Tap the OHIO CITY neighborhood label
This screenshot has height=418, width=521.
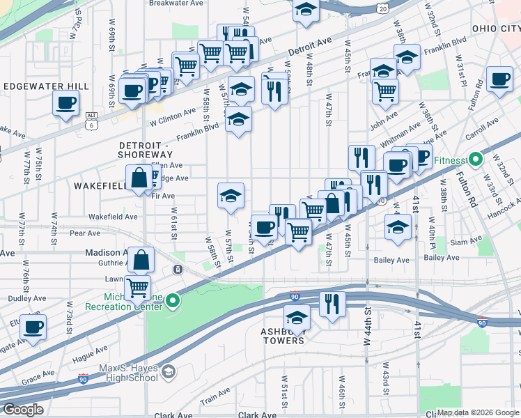(495, 29)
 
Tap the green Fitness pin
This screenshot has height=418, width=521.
(476, 160)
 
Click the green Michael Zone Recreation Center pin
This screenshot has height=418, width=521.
(173, 300)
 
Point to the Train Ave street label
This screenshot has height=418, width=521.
(215, 398)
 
